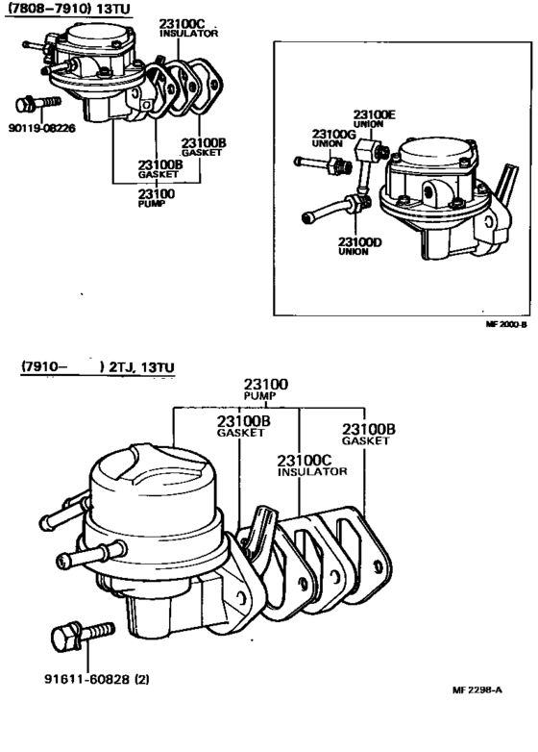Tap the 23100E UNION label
[x=373, y=118]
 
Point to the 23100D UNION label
[x=359, y=246]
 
